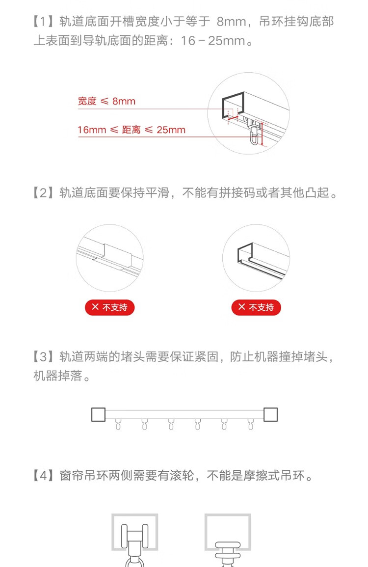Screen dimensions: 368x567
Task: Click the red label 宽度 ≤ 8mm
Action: click(106, 101)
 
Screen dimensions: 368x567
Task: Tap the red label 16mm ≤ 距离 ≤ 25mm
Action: click(131, 130)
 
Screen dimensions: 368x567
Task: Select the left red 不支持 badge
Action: click(109, 307)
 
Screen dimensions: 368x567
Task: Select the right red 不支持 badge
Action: click(256, 307)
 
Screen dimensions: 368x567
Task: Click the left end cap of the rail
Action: click(98, 414)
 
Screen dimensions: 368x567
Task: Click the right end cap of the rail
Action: click(270, 414)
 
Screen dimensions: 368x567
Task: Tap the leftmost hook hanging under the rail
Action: click(118, 424)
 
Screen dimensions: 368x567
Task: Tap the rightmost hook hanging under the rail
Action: click(251, 424)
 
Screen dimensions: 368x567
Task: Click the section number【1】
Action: click(43, 22)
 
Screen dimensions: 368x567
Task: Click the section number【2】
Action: click(43, 193)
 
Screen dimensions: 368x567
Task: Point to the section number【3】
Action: click(43, 357)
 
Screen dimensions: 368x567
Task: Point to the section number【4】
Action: click(43, 476)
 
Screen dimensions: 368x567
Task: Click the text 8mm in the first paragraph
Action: click(232, 22)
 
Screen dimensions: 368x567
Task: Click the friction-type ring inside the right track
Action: click(228, 553)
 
